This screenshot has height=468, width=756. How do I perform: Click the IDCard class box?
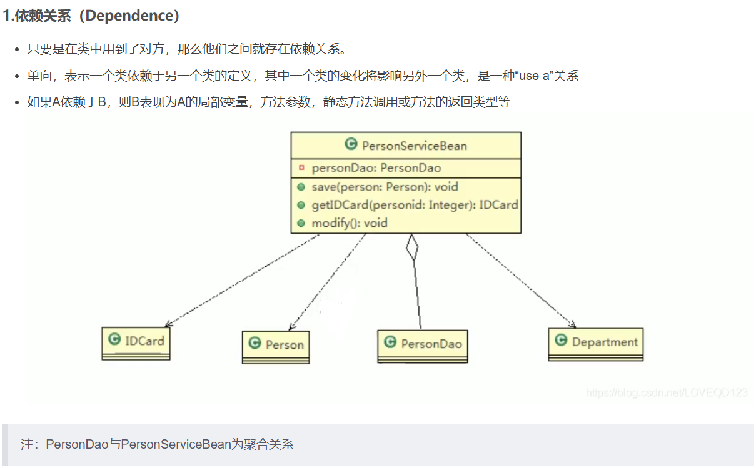pos(136,343)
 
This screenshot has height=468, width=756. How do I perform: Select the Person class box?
pos(276,347)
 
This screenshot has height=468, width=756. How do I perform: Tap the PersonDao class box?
pos(423,346)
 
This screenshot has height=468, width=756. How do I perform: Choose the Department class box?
pos(596,344)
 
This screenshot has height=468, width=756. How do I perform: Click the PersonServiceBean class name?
pos(415,146)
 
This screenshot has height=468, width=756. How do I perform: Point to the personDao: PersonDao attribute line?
pos(376,168)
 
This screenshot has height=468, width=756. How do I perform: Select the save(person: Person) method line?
pos(385,187)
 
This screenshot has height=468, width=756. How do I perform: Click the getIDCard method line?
pos(415,205)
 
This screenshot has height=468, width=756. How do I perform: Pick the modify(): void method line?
pos(350,223)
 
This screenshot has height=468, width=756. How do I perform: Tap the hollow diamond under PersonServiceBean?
pos(412,247)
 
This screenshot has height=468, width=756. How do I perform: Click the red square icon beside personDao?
pos(301,167)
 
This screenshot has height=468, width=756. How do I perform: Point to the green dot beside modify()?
pos(301,223)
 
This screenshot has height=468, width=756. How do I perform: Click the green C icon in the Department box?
pos(561,339)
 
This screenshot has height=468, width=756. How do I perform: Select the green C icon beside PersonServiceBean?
pos(351,144)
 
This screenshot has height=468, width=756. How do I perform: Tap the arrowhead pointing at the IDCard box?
pos(168,324)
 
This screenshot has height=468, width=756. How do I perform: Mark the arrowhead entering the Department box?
pos(572,324)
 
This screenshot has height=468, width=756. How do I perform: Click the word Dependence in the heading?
pos(129,16)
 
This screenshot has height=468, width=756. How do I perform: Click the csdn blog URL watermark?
pos(667,392)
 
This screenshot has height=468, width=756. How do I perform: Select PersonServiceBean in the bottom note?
pos(176,444)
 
